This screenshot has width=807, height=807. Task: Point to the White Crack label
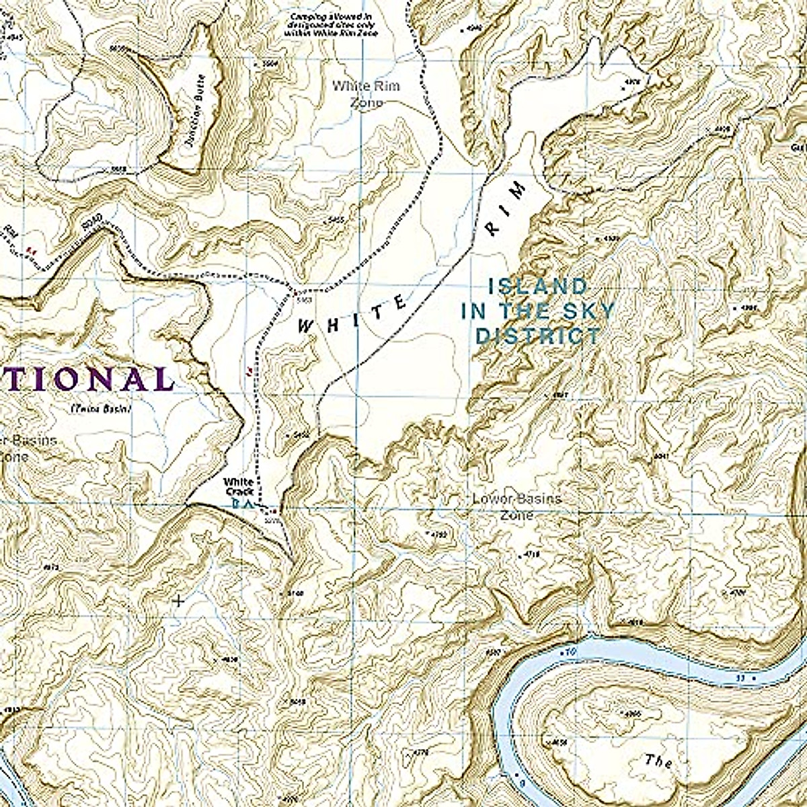pos(239,487)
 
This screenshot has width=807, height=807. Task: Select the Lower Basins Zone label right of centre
pos(516,507)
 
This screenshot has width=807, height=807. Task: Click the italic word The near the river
pos(658,761)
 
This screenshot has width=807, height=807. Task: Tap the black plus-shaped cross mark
pos(178,600)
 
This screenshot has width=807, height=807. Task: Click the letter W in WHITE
pos(307,327)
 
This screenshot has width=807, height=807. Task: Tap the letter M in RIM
pos(516,192)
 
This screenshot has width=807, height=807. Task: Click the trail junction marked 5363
pos(295,292)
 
